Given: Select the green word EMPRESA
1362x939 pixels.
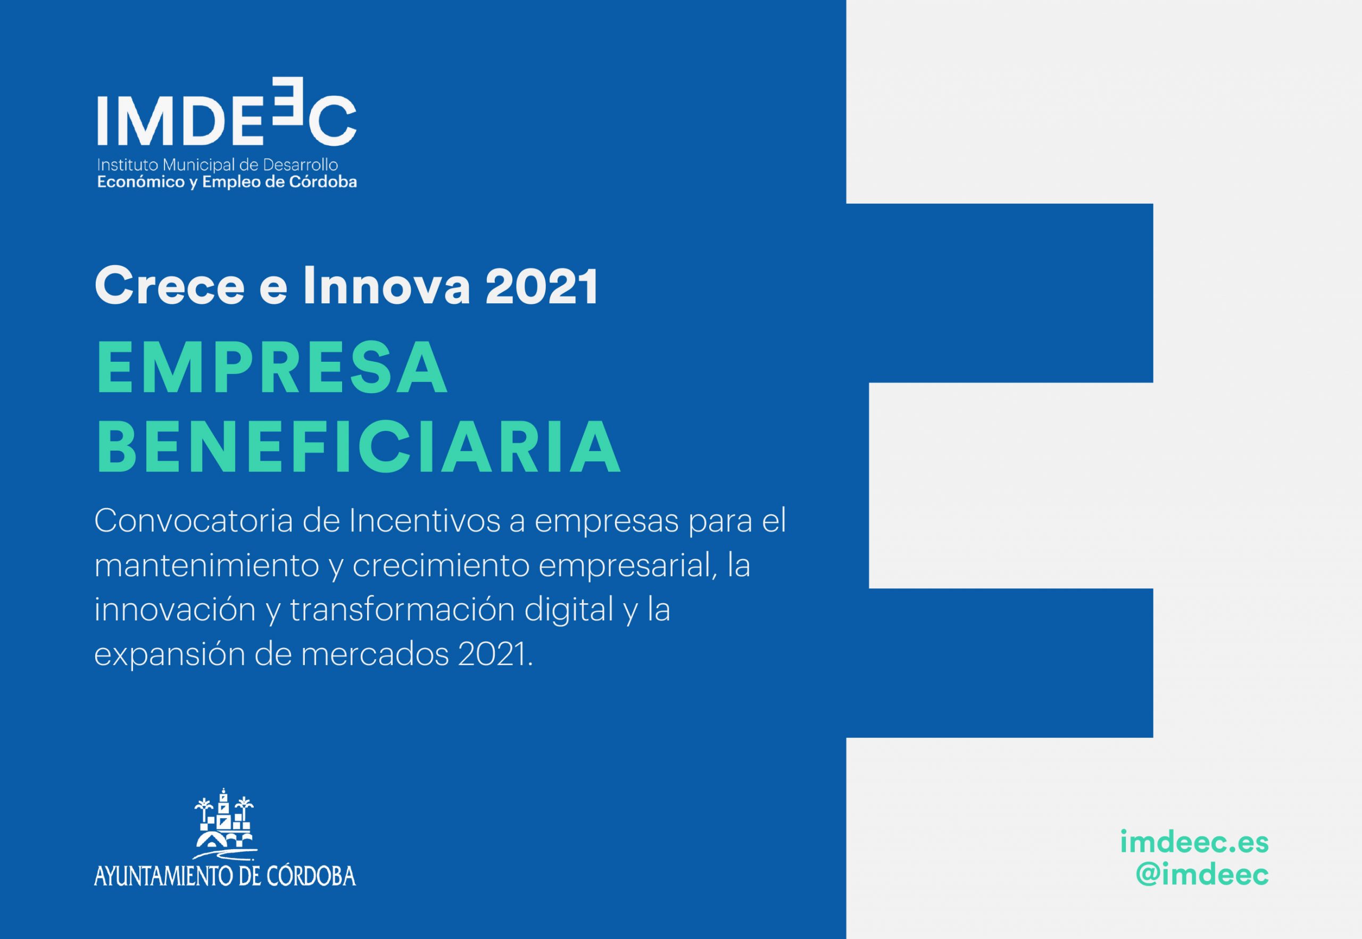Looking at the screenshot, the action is (x=272, y=367).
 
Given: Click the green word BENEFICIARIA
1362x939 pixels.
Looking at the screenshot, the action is (x=358, y=446).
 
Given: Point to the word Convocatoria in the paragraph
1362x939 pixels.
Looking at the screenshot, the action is (x=193, y=521).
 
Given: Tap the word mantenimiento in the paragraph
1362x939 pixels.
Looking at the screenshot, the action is (x=206, y=566).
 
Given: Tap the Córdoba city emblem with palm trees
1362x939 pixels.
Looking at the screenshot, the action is (x=225, y=824).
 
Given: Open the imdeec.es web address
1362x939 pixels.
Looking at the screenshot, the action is (x=1194, y=842).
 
